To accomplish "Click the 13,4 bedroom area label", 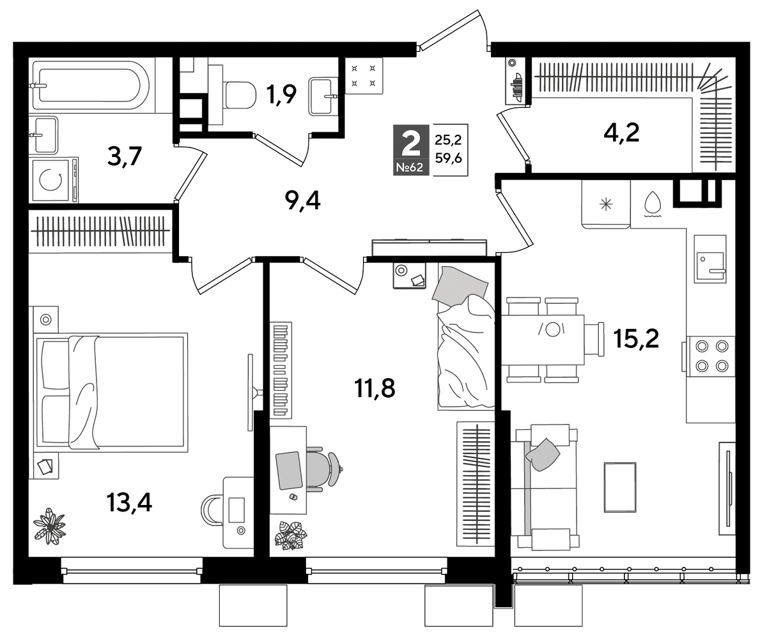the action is pos(129,502).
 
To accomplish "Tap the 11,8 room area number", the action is pos(375,389).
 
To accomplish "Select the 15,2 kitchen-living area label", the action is pos(636,339).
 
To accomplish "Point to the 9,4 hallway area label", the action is pos(303,201).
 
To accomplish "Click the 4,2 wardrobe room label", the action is pos(621,133).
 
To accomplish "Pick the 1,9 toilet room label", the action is pos(281,94).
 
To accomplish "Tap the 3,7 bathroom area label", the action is pos(125,156).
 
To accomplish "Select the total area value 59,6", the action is pos(449,158).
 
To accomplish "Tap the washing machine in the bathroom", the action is pos(54,181).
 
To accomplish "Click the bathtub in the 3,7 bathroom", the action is pos(91,86).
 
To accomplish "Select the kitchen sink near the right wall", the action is pos(710,259).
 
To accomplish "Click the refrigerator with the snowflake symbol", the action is pos(606,204).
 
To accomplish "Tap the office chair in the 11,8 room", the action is pos(323,469).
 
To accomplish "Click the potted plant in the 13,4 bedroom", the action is pos(50,526).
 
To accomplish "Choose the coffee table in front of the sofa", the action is pos(620,487).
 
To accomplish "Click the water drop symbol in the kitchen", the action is pos(653,202).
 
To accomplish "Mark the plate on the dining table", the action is pos(552,329).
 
